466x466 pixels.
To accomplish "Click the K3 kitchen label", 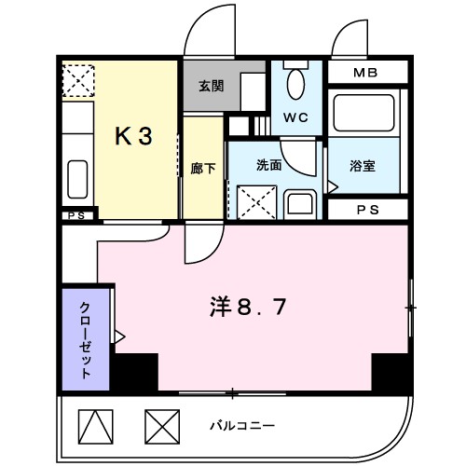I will [x=133, y=135].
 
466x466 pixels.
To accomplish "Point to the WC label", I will [x=295, y=119].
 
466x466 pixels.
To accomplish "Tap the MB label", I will [x=365, y=73].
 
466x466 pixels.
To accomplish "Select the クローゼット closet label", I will [x=85, y=339].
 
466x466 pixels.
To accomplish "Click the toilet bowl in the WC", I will [x=296, y=84].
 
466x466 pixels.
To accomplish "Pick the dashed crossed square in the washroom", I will [x=254, y=199].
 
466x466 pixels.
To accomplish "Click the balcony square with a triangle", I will [x=93, y=426].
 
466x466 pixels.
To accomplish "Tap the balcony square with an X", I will [x=160, y=426].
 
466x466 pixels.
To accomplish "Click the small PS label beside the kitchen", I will [x=78, y=215].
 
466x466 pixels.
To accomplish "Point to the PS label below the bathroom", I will [x=367, y=210].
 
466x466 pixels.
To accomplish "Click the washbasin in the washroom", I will [x=300, y=201].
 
